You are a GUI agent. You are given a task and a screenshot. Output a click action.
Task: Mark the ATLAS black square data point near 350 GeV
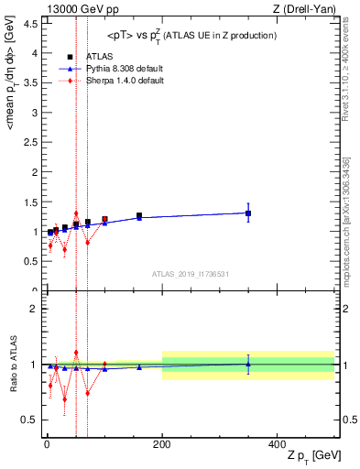click(248, 213)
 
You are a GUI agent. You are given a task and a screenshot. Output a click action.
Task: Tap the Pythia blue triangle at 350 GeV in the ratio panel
click(248, 364)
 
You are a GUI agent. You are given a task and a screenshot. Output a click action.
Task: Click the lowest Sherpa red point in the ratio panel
click(64, 399)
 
